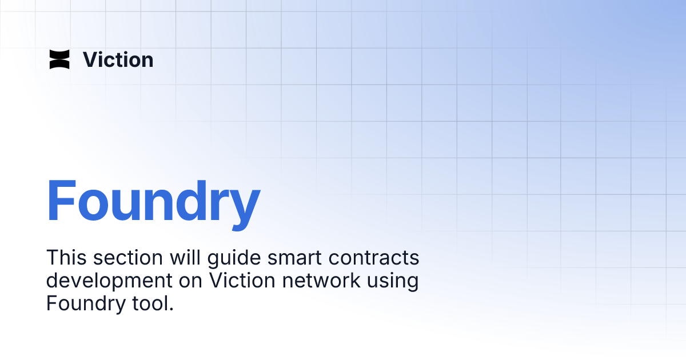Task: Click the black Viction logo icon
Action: pos(59,59)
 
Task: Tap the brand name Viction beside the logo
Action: pos(118,59)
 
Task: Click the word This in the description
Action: pos(65,258)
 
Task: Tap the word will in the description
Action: pos(184,258)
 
